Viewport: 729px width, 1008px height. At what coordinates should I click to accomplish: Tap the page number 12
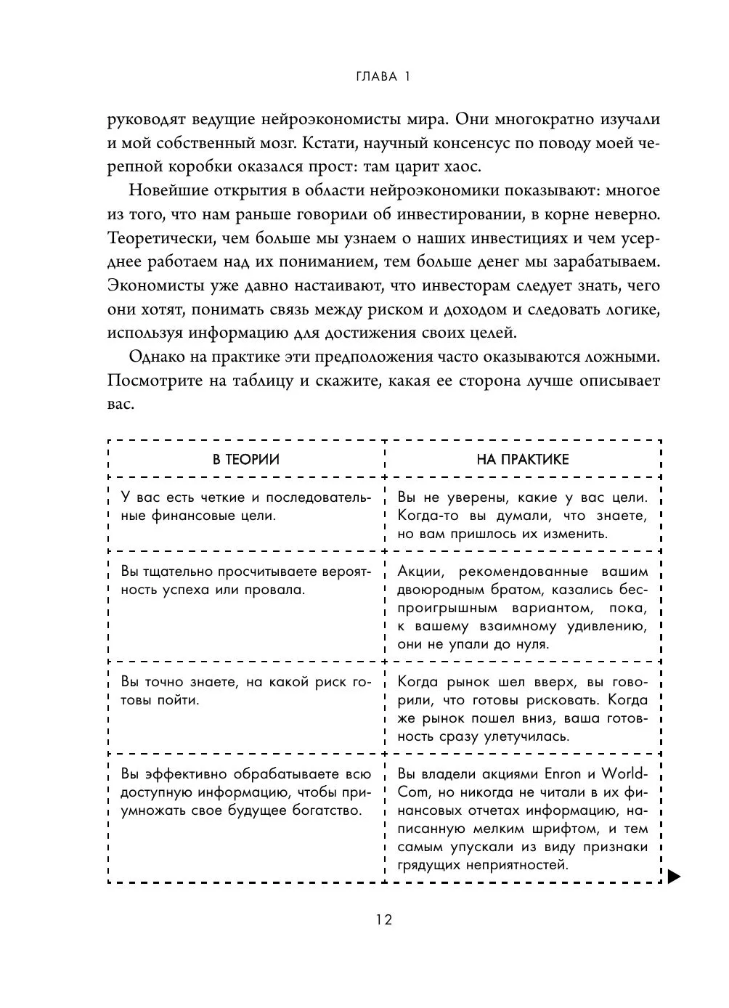(x=384, y=920)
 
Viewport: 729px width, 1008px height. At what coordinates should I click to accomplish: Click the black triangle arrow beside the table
(x=674, y=876)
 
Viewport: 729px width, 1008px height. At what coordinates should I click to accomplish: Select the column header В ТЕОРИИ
(x=245, y=459)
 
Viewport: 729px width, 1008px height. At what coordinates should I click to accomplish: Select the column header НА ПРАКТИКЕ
(x=523, y=459)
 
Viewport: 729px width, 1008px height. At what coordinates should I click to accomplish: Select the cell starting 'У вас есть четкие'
(x=245, y=507)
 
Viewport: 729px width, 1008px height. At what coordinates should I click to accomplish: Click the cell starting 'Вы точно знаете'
(x=245, y=691)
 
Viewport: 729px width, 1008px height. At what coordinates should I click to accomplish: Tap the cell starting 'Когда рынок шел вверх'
(x=523, y=710)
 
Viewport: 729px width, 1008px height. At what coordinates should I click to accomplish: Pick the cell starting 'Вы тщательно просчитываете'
(x=245, y=580)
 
